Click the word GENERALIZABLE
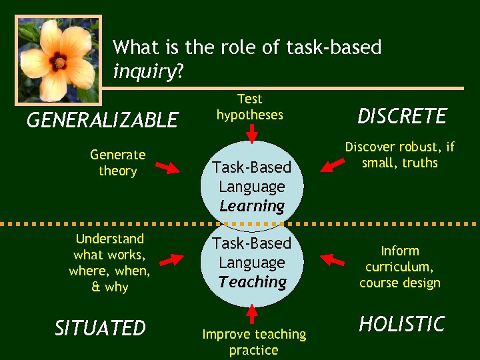pyautogui.click(x=102, y=120)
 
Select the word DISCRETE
pyautogui.click(x=402, y=116)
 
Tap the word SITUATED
pyautogui.click(x=100, y=328)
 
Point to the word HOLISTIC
pyautogui.click(x=401, y=324)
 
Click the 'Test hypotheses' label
pyautogui.click(x=250, y=107)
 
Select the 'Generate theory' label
pyautogui.click(x=117, y=163)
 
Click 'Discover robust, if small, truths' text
pyautogui.click(x=399, y=155)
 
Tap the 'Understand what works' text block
pyautogui.click(x=109, y=263)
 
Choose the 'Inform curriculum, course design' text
pyautogui.click(x=399, y=267)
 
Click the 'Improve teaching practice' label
pyautogui.click(x=253, y=341)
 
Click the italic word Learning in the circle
pyautogui.click(x=252, y=206)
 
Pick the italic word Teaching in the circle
pyautogui.click(x=252, y=282)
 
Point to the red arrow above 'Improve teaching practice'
pyautogui.click(x=252, y=313)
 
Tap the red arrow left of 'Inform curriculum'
pyautogui.click(x=331, y=257)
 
